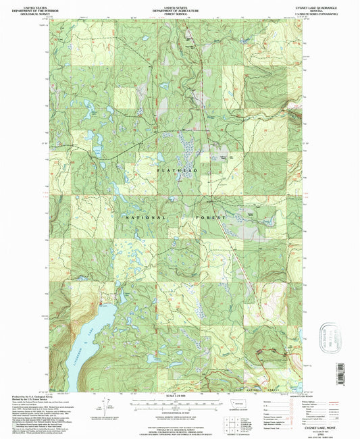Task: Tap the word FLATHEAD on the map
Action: [x=178, y=172]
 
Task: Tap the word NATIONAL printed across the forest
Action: [x=145, y=217]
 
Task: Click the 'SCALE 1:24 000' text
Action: [x=179, y=396]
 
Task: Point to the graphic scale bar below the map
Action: [x=179, y=401]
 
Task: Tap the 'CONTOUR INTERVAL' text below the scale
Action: [x=179, y=407]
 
